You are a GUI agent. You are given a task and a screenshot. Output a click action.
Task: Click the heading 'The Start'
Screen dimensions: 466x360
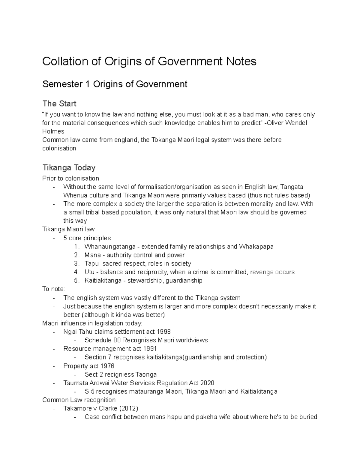pos(59,104)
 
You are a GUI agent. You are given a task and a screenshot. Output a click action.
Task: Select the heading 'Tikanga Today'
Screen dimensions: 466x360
pos(69,167)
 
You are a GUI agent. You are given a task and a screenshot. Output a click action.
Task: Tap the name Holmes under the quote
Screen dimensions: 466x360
pos(53,131)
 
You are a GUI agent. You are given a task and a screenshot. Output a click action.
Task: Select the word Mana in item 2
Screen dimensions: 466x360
pos(92,255)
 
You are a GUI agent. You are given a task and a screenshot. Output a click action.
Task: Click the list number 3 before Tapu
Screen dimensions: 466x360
pos(76,263)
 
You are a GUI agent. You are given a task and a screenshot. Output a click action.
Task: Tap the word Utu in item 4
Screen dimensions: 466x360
pos(89,272)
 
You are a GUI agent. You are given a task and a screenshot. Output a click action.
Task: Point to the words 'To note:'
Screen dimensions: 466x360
pos(53,289)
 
